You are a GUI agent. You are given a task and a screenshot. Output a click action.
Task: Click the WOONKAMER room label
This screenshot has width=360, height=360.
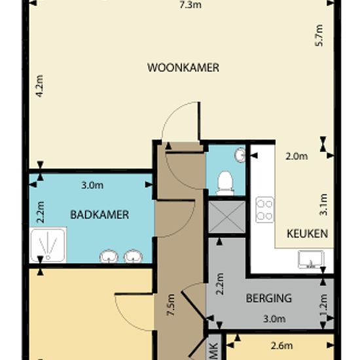183,67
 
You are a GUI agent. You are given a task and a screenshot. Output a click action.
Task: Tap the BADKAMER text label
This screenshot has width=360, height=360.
99,214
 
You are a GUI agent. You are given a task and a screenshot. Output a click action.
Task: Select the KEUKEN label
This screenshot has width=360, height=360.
307,233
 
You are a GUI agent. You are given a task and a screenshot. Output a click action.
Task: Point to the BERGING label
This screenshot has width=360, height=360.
268,298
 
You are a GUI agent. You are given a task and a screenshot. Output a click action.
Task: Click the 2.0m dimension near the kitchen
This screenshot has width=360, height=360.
297,156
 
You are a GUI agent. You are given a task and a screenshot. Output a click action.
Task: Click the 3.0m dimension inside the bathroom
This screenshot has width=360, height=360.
92,185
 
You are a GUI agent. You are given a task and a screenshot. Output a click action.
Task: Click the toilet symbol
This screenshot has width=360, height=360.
225,181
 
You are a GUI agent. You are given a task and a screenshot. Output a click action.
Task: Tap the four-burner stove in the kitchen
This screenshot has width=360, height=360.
264,210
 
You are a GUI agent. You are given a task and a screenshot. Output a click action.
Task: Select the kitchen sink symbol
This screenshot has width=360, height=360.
308,260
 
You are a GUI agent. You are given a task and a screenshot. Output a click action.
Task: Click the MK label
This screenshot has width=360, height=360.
213,350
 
